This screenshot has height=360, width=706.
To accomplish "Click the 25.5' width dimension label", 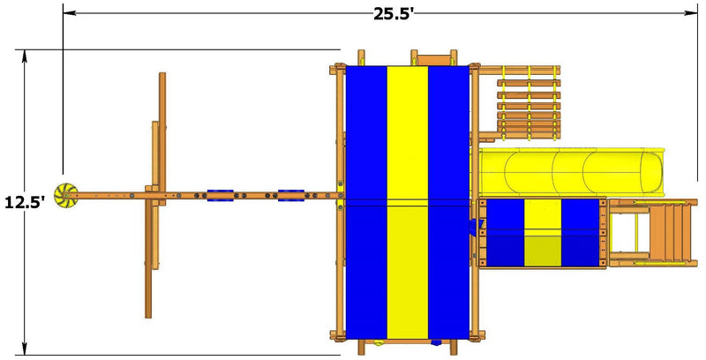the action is tap(393, 14).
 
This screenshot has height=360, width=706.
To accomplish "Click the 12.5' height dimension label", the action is tap(25, 203).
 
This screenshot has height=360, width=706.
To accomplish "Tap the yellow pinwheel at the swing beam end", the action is tap(66, 195).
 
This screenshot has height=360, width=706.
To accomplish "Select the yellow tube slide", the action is tap(571, 172).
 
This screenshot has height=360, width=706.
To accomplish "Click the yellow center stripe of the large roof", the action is tap(408, 203).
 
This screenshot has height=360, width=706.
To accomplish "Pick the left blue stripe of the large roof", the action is tap(366, 203).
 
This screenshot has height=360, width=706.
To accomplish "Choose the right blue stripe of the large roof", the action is tap(448, 203).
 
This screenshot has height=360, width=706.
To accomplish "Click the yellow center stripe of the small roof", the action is tap(543, 233).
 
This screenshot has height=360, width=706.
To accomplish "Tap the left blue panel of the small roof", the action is tap(506, 233).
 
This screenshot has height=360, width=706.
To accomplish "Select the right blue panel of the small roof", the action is tap(581, 233).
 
